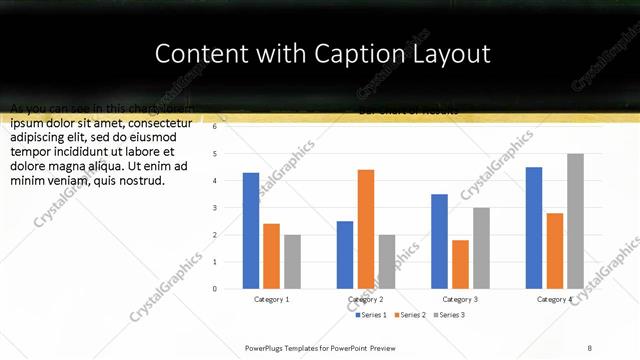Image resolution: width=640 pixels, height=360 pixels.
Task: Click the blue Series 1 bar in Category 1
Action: [251, 231]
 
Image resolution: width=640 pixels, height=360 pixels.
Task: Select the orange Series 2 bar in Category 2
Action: [366, 229]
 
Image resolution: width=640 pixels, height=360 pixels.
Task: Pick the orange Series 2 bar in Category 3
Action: [460, 264]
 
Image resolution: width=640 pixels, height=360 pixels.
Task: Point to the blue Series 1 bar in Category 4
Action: [534, 228]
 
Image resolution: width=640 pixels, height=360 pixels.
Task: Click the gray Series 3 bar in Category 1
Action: [292, 262]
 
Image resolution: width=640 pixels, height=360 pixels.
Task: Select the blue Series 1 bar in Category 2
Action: [345, 255]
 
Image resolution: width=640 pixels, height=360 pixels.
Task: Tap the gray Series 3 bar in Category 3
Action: [481, 248]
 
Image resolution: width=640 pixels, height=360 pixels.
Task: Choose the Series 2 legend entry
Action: [410, 315]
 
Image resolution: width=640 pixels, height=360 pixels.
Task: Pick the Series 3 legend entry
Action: [449, 315]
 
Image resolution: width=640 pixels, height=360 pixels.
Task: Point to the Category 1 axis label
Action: [271, 300]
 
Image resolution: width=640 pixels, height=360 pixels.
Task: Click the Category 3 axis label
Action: [460, 300]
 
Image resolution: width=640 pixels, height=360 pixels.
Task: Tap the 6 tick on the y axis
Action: [214, 127]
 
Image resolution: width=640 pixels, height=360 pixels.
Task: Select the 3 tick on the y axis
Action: [214, 208]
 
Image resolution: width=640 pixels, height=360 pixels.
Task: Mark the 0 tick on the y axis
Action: [214, 289]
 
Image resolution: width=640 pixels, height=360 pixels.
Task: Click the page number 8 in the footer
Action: [589, 347]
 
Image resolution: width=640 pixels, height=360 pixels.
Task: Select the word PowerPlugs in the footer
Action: [268, 347]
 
